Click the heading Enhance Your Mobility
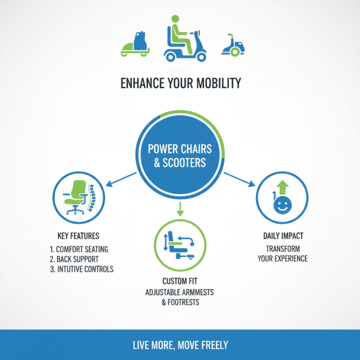pyautogui.click(x=180, y=83)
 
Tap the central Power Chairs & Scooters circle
pyautogui.click(x=180, y=155)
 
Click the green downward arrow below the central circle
pyautogui.click(x=180, y=208)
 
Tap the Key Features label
pyautogui.click(x=79, y=236)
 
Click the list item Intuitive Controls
pyautogui.click(x=81, y=270)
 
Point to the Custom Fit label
pyautogui.click(x=180, y=282)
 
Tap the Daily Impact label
pyautogui.click(x=283, y=236)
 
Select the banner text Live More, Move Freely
pyautogui.click(x=180, y=346)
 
